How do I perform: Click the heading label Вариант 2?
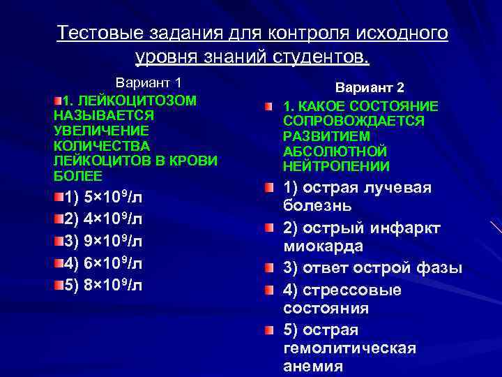(x=370, y=88)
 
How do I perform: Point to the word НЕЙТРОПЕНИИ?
(x=337, y=166)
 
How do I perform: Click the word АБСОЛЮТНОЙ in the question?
(x=335, y=151)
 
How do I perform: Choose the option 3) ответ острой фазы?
(x=373, y=268)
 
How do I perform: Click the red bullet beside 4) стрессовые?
(x=268, y=289)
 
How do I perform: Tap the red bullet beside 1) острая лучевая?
(x=268, y=187)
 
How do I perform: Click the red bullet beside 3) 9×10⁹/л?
(x=59, y=242)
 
